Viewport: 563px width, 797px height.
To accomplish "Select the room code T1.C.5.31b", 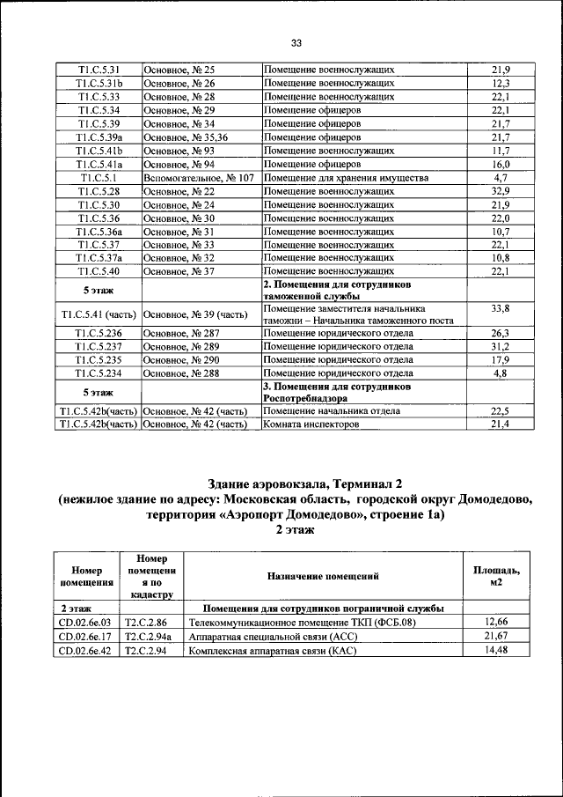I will [x=99, y=84].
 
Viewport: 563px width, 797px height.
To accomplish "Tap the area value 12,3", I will [x=501, y=84].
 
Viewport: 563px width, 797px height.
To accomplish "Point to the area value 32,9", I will [x=501, y=191].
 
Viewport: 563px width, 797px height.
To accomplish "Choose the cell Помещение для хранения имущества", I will [x=346, y=178].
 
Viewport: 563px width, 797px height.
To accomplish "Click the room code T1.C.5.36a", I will [x=99, y=232].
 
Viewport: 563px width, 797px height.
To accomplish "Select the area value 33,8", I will [x=501, y=309].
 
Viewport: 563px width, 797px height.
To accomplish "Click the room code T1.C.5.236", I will [x=99, y=334].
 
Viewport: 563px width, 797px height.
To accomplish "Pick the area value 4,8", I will [x=501, y=373].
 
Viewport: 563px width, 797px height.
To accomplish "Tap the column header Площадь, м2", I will [x=496, y=577].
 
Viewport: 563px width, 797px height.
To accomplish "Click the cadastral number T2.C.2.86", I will [x=145, y=623].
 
